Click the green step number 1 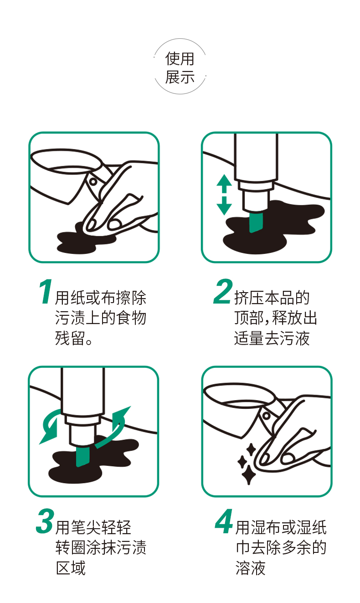point(46,292)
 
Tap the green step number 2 point(223,291)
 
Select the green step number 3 point(45,521)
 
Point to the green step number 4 point(224,521)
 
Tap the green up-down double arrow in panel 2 point(224,195)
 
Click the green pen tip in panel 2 point(256,222)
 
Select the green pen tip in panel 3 point(82,456)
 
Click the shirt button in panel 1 point(93,181)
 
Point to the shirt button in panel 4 point(267,416)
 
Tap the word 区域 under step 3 point(71,568)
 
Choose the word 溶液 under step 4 point(251,568)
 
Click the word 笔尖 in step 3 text point(86,527)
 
